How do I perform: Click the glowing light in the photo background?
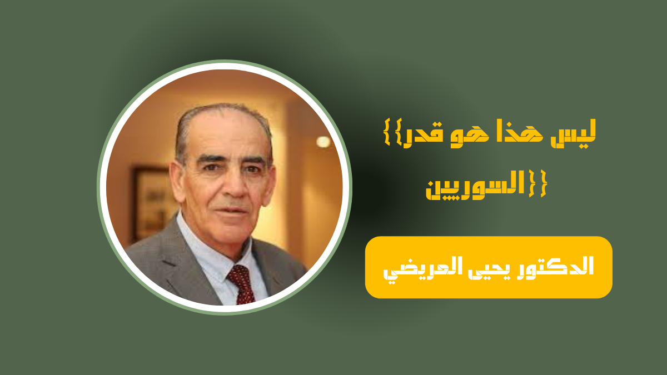point(323,142)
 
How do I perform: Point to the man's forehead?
point(225,131)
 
